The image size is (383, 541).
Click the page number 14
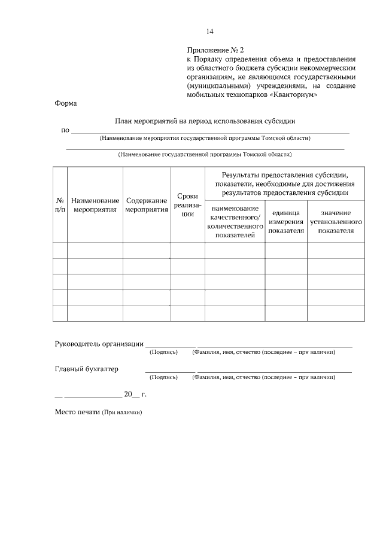209,32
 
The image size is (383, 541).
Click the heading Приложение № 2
216,51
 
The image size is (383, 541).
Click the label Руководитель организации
99,344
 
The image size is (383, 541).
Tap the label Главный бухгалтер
86,369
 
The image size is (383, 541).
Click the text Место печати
76,412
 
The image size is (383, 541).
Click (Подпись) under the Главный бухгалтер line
163,378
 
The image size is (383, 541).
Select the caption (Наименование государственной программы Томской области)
205,154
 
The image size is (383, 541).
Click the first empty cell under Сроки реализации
187,250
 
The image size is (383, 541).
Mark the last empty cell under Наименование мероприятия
95,313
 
